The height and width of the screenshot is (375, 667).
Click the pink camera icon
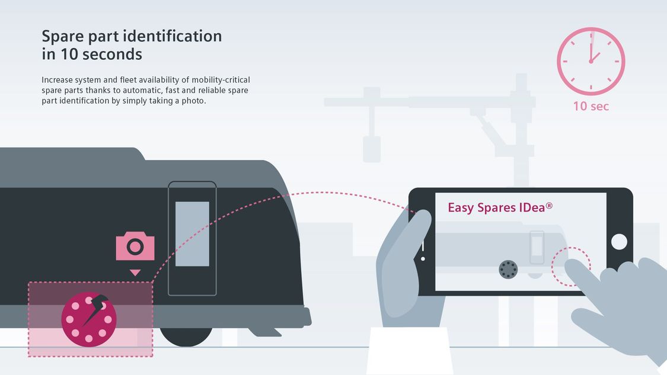(x=135, y=246)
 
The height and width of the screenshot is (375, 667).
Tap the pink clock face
(x=591, y=61)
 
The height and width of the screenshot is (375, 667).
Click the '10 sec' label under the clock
(x=591, y=107)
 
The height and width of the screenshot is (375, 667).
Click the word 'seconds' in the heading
(x=112, y=55)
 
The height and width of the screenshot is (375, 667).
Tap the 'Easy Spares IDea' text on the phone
(x=500, y=207)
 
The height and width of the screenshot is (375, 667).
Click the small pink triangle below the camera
(x=135, y=273)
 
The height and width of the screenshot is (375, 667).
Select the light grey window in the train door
(x=192, y=233)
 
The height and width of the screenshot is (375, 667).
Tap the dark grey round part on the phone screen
(x=508, y=269)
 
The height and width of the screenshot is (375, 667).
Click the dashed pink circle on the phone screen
(x=570, y=266)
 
